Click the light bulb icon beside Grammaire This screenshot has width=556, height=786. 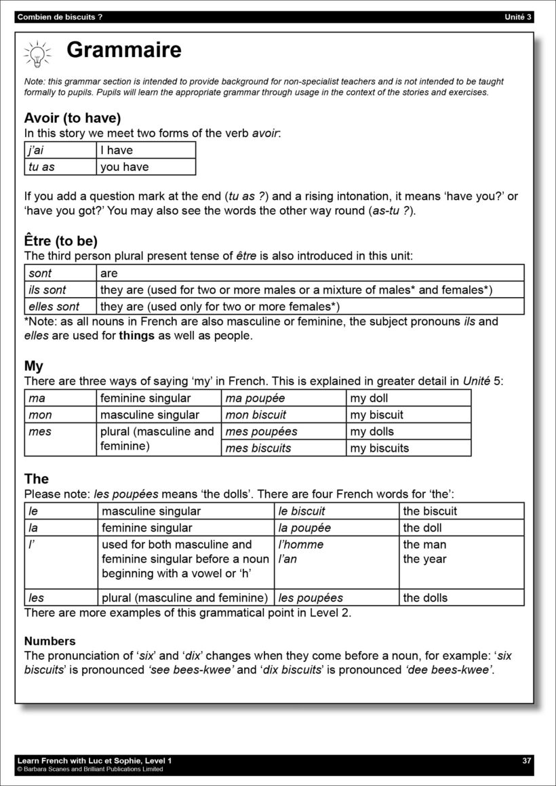pyautogui.click(x=38, y=53)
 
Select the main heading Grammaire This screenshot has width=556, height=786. pyautogui.click(x=124, y=50)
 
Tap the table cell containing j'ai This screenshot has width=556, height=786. pyautogui.click(x=60, y=150)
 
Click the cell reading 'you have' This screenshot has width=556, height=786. pyautogui.click(x=145, y=167)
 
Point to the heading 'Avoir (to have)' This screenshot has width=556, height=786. pyautogui.click(x=73, y=117)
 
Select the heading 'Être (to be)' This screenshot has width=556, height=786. pyautogui.click(x=61, y=241)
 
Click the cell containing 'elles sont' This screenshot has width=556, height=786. pyautogui.click(x=60, y=307)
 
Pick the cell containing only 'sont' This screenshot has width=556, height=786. pyautogui.click(x=60, y=273)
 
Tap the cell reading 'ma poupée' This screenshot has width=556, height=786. pyautogui.click(x=283, y=398)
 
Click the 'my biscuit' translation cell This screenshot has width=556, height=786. pyautogui.click(x=408, y=414)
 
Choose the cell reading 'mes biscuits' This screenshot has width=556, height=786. pyautogui.click(x=283, y=448)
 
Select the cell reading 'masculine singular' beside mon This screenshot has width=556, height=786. pyautogui.click(x=158, y=414)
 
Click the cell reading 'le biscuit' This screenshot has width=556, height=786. pyautogui.click(x=336, y=511)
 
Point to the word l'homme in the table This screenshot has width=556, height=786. pyautogui.click(x=301, y=545)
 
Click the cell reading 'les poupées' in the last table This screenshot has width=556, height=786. pyautogui.click(x=336, y=597)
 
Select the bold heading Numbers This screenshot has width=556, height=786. pyautogui.click(x=50, y=641)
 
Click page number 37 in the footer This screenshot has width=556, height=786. pyautogui.click(x=527, y=760)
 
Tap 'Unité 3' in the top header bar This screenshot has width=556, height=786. pyautogui.click(x=519, y=17)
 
